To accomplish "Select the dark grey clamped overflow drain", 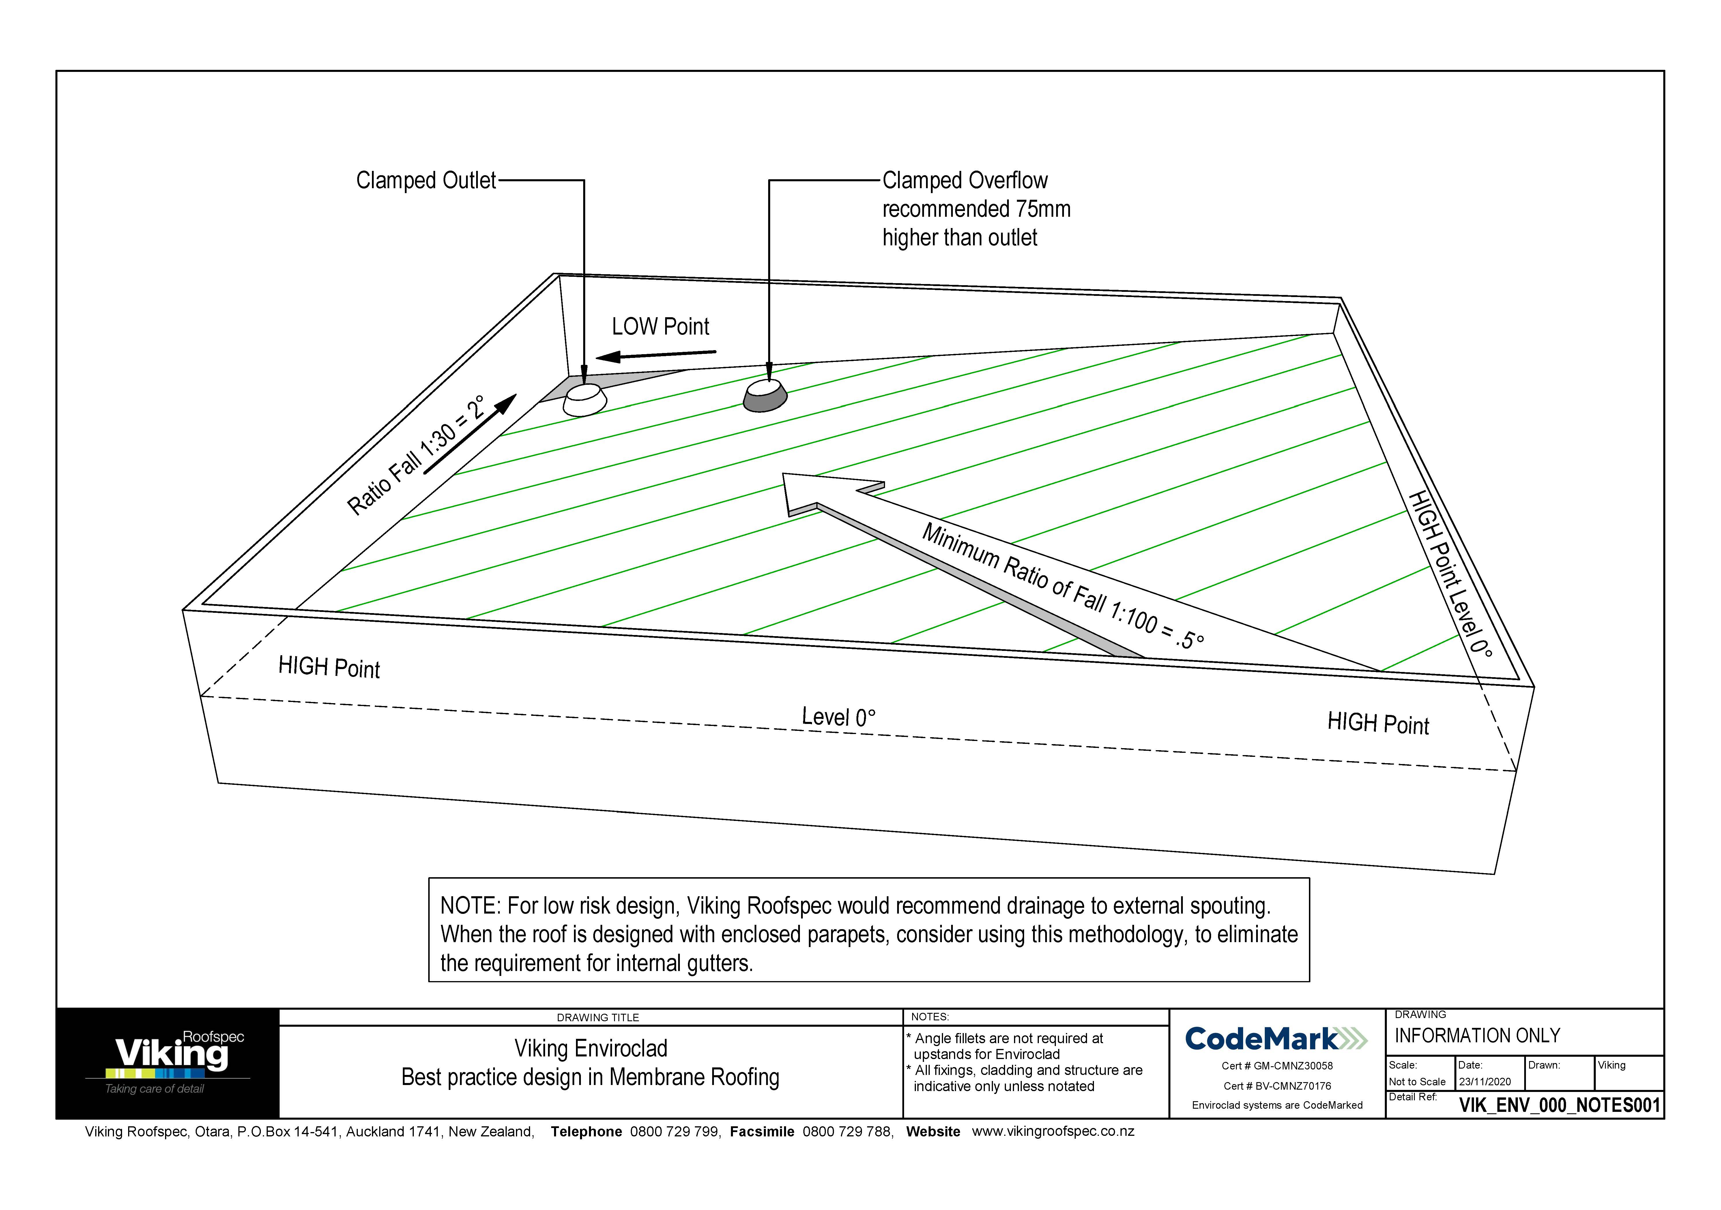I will [x=765, y=395].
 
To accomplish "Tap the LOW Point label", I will [x=660, y=327].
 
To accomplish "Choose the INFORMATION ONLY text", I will [x=1477, y=1036].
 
